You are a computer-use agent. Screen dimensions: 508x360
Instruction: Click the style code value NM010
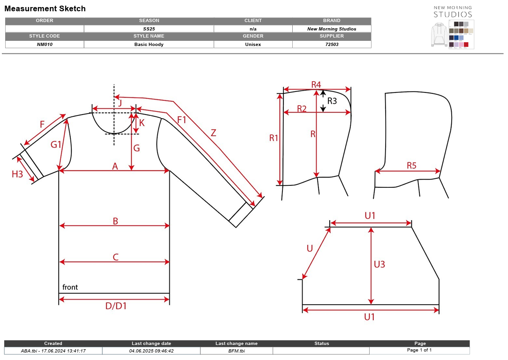coord(45,45)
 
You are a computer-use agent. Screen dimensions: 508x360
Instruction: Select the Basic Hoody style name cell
coord(149,45)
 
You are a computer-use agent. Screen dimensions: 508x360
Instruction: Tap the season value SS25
coord(149,29)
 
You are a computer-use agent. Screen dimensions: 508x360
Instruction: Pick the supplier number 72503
coord(332,45)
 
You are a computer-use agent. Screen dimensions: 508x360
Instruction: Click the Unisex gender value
coord(253,45)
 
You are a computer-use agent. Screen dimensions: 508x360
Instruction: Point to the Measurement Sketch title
coord(45,9)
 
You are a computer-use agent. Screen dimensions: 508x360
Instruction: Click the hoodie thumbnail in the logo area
coord(439,34)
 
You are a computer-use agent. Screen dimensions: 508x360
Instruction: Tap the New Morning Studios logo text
coord(453,12)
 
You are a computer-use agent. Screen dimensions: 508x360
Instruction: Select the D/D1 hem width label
coord(116,306)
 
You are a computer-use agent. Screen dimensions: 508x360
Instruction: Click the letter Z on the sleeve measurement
coord(213,133)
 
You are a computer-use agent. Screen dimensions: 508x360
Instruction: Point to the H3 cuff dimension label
coord(17,174)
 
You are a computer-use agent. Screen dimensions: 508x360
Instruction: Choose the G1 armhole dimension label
coord(56,144)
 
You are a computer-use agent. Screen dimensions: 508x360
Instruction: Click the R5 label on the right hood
coord(411,165)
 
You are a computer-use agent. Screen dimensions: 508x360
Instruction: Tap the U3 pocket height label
coord(379,264)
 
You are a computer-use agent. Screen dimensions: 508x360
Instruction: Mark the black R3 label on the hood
coord(332,101)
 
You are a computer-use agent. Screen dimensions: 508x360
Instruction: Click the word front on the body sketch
coord(70,287)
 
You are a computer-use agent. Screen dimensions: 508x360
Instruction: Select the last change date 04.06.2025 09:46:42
coord(152,351)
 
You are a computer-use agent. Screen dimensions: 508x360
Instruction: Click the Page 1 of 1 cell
coord(419,350)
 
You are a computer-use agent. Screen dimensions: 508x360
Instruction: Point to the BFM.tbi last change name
coord(236,351)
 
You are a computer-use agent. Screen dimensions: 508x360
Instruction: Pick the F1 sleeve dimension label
coord(182,120)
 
